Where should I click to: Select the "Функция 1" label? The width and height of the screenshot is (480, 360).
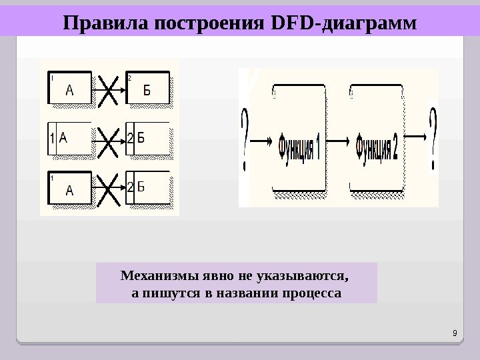click(x=299, y=147)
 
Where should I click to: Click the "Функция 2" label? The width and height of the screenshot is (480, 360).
click(x=377, y=147)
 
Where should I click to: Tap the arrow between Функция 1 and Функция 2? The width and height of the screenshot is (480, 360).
click(x=339, y=140)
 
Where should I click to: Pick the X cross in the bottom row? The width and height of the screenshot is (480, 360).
click(x=109, y=189)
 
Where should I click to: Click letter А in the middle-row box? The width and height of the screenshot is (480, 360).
click(x=64, y=137)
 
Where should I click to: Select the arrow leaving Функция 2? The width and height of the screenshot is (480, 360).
click(x=416, y=137)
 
